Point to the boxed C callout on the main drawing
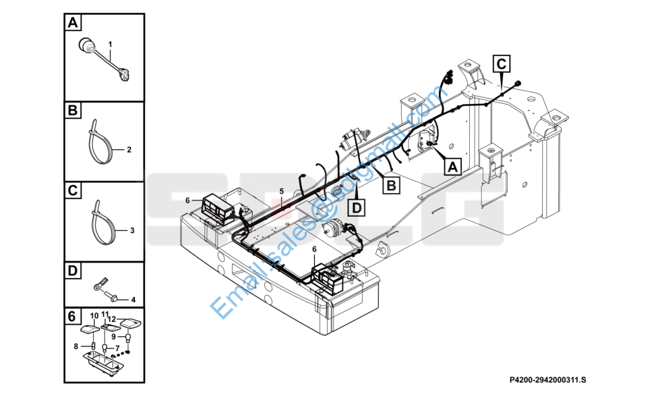[502, 64]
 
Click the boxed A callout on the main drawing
[451, 164]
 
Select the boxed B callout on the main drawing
[391, 184]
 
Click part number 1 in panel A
[109, 44]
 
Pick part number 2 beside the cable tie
[129, 148]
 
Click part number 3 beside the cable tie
[132, 231]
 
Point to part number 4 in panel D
[133, 299]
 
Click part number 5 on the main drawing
[282, 191]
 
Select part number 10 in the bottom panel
[94, 315]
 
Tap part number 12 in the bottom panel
[113, 318]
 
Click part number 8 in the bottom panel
[76, 346]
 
